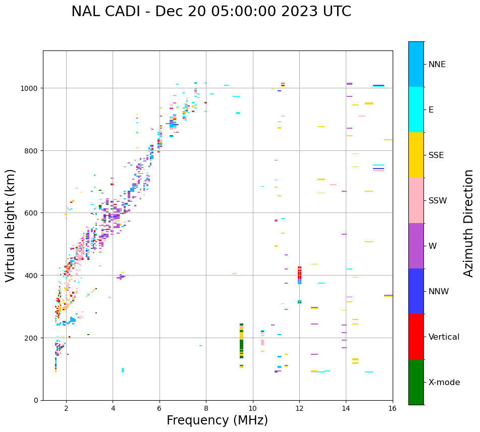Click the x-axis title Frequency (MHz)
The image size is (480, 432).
[x=217, y=420]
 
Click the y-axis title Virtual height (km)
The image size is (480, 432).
[x=11, y=225]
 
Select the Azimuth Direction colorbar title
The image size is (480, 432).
[x=469, y=223]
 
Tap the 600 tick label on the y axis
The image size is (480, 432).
[x=32, y=213]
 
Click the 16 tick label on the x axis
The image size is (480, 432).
[x=393, y=409]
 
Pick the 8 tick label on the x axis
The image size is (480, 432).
[x=206, y=409]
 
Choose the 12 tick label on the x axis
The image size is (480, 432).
[x=299, y=409]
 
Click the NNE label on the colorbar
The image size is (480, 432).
[x=437, y=65]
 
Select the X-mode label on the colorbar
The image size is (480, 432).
[x=444, y=383]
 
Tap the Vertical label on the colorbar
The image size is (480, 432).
[x=444, y=337]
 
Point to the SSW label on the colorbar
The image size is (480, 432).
[x=438, y=201]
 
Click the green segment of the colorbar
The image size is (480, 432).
[x=416, y=382]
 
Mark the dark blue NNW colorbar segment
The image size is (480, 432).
[x=416, y=291]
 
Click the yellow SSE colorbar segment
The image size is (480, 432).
[x=416, y=155]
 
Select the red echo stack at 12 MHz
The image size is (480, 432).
[x=299, y=273]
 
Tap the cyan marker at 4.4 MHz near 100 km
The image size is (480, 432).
[x=123, y=370]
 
